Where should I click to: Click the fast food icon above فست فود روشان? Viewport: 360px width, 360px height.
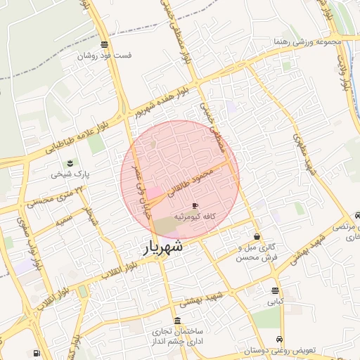point(104,44)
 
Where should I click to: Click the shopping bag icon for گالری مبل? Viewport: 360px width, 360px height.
point(257,236)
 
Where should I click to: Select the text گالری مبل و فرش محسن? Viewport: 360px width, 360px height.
point(255,252)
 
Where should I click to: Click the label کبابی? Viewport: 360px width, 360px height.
point(275,302)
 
